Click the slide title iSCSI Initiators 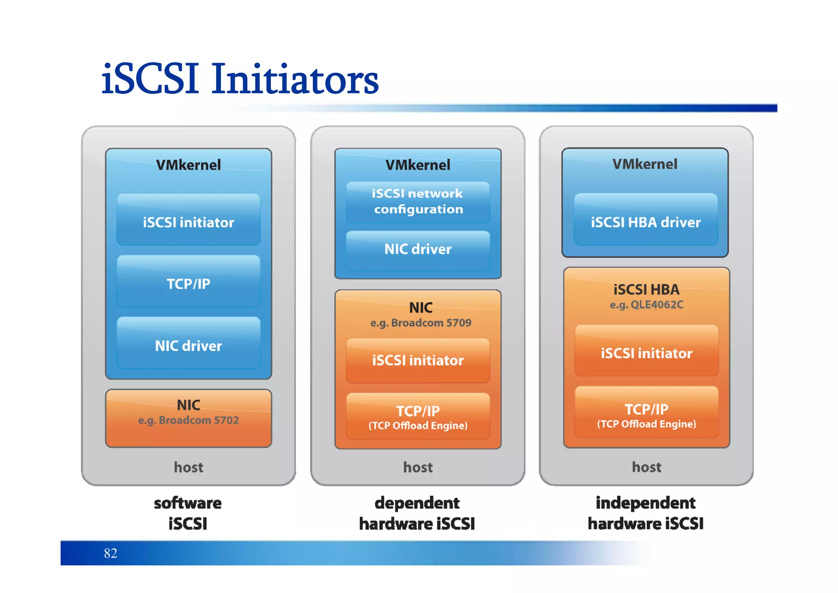tap(240, 79)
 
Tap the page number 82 tap(110, 553)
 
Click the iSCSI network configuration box tap(418, 202)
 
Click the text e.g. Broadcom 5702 tap(188, 420)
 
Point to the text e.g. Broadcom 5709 tap(421, 323)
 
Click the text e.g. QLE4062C tap(646, 305)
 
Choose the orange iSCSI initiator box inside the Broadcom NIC tap(418, 360)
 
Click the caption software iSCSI tap(188, 513)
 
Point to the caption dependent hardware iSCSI tap(417, 513)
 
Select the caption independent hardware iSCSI tap(645, 513)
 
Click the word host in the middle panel tap(418, 467)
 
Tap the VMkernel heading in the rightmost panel tap(644, 164)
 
